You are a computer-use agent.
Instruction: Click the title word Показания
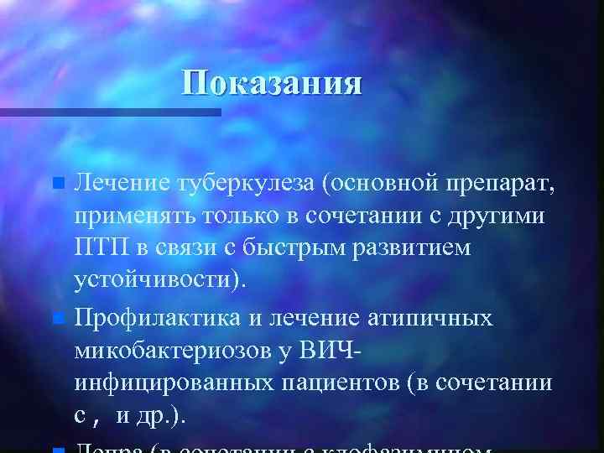click(273, 84)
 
